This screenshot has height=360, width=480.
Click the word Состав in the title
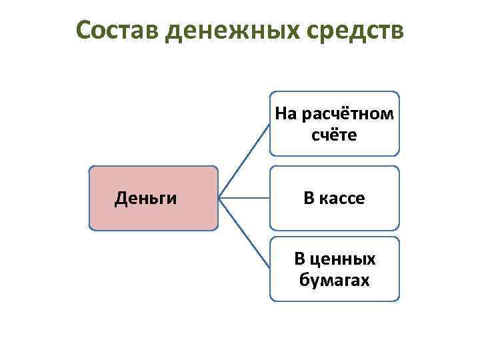click(x=117, y=30)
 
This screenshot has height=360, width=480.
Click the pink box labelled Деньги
click(x=153, y=198)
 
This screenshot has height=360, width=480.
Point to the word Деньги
click(x=145, y=198)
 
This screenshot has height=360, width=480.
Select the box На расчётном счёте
click(x=334, y=123)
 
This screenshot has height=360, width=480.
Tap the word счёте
click(x=334, y=135)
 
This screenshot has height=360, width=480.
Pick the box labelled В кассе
click(x=334, y=198)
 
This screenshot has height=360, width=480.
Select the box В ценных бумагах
click(x=334, y=269)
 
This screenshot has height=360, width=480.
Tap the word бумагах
click(x=334, y=280)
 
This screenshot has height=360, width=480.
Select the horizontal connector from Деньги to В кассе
click(x=243, y=198)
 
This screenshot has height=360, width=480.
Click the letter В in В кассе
click(x=309, y=198)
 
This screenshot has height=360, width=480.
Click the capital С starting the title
click(x=83, y=30)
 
